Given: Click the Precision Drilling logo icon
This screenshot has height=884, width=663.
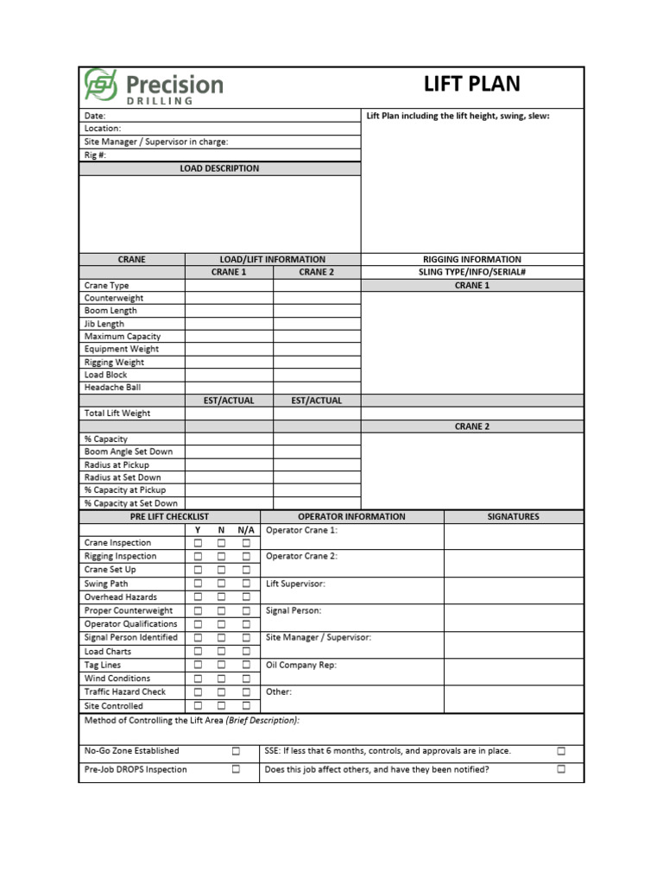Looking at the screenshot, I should point(101,85).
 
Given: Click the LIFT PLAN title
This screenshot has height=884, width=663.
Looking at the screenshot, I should point(471,85).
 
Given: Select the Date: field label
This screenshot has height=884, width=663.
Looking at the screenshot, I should point(95,116).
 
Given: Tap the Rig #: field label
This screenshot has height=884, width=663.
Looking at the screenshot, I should point(96,155).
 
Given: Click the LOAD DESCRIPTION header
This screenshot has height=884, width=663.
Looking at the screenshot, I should point(219,168).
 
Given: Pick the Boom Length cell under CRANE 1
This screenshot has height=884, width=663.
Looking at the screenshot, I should point(229,311).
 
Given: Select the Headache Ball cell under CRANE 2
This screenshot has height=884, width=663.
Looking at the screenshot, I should point(317,388).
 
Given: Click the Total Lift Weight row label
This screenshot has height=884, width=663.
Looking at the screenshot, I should point(117,414).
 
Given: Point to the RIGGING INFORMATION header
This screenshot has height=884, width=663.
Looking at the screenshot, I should point(471,259).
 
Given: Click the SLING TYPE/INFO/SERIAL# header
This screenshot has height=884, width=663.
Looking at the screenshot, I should point(471,272).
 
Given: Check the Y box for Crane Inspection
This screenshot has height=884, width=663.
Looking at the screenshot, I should point(198,543).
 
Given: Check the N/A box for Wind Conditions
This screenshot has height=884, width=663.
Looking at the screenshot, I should point(246,679).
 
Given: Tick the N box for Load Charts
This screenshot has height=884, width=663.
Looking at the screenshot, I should point(222,652).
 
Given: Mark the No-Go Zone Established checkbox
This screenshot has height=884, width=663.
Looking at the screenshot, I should point(236,751).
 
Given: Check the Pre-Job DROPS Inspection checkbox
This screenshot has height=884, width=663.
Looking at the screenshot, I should point(236,769).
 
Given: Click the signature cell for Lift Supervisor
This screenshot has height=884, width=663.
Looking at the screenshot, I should point(514,590).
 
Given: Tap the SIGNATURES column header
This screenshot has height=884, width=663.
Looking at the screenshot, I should point(514,517).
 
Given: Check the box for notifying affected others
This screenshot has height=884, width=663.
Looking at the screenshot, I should point(561,769).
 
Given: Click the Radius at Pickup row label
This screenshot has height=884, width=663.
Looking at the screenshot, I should point(117,464).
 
